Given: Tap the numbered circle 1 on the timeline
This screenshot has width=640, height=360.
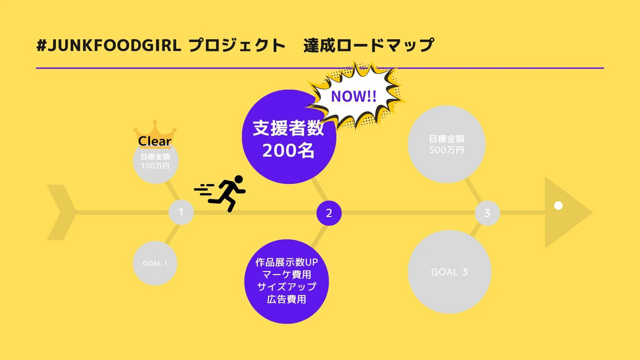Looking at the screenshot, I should coord(181,212).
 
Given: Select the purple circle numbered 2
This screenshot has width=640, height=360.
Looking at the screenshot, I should coord(329,213).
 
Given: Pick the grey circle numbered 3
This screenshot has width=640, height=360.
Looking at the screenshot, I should coord(487,213).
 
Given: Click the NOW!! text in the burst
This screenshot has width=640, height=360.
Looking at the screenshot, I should coord(354,97).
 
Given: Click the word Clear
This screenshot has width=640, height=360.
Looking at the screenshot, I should coord(155,141).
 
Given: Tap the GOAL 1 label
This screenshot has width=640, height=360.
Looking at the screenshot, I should coord(155,263).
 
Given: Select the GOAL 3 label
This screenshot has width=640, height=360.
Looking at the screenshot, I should coord(449,272).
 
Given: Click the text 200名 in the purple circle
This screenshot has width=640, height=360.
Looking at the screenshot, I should coord(288,151).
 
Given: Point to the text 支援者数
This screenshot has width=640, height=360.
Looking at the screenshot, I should coord(288,128).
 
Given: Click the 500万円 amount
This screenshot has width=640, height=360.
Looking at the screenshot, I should coord(447,150).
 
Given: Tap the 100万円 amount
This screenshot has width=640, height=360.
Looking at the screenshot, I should coord(155,166).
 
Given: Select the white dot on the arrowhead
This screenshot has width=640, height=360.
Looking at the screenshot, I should coord(558,206).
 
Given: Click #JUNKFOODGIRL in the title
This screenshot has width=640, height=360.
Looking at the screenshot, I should coord(109,45).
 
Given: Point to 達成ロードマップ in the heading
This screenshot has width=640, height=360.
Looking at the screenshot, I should coord(369,45).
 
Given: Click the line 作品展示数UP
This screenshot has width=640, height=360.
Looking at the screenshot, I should coord(287,262).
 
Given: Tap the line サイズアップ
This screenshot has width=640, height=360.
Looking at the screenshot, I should coord(287,287).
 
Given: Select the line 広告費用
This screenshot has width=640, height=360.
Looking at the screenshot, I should coord(287,299).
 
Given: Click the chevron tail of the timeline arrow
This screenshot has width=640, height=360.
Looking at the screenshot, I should coord(62,212).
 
